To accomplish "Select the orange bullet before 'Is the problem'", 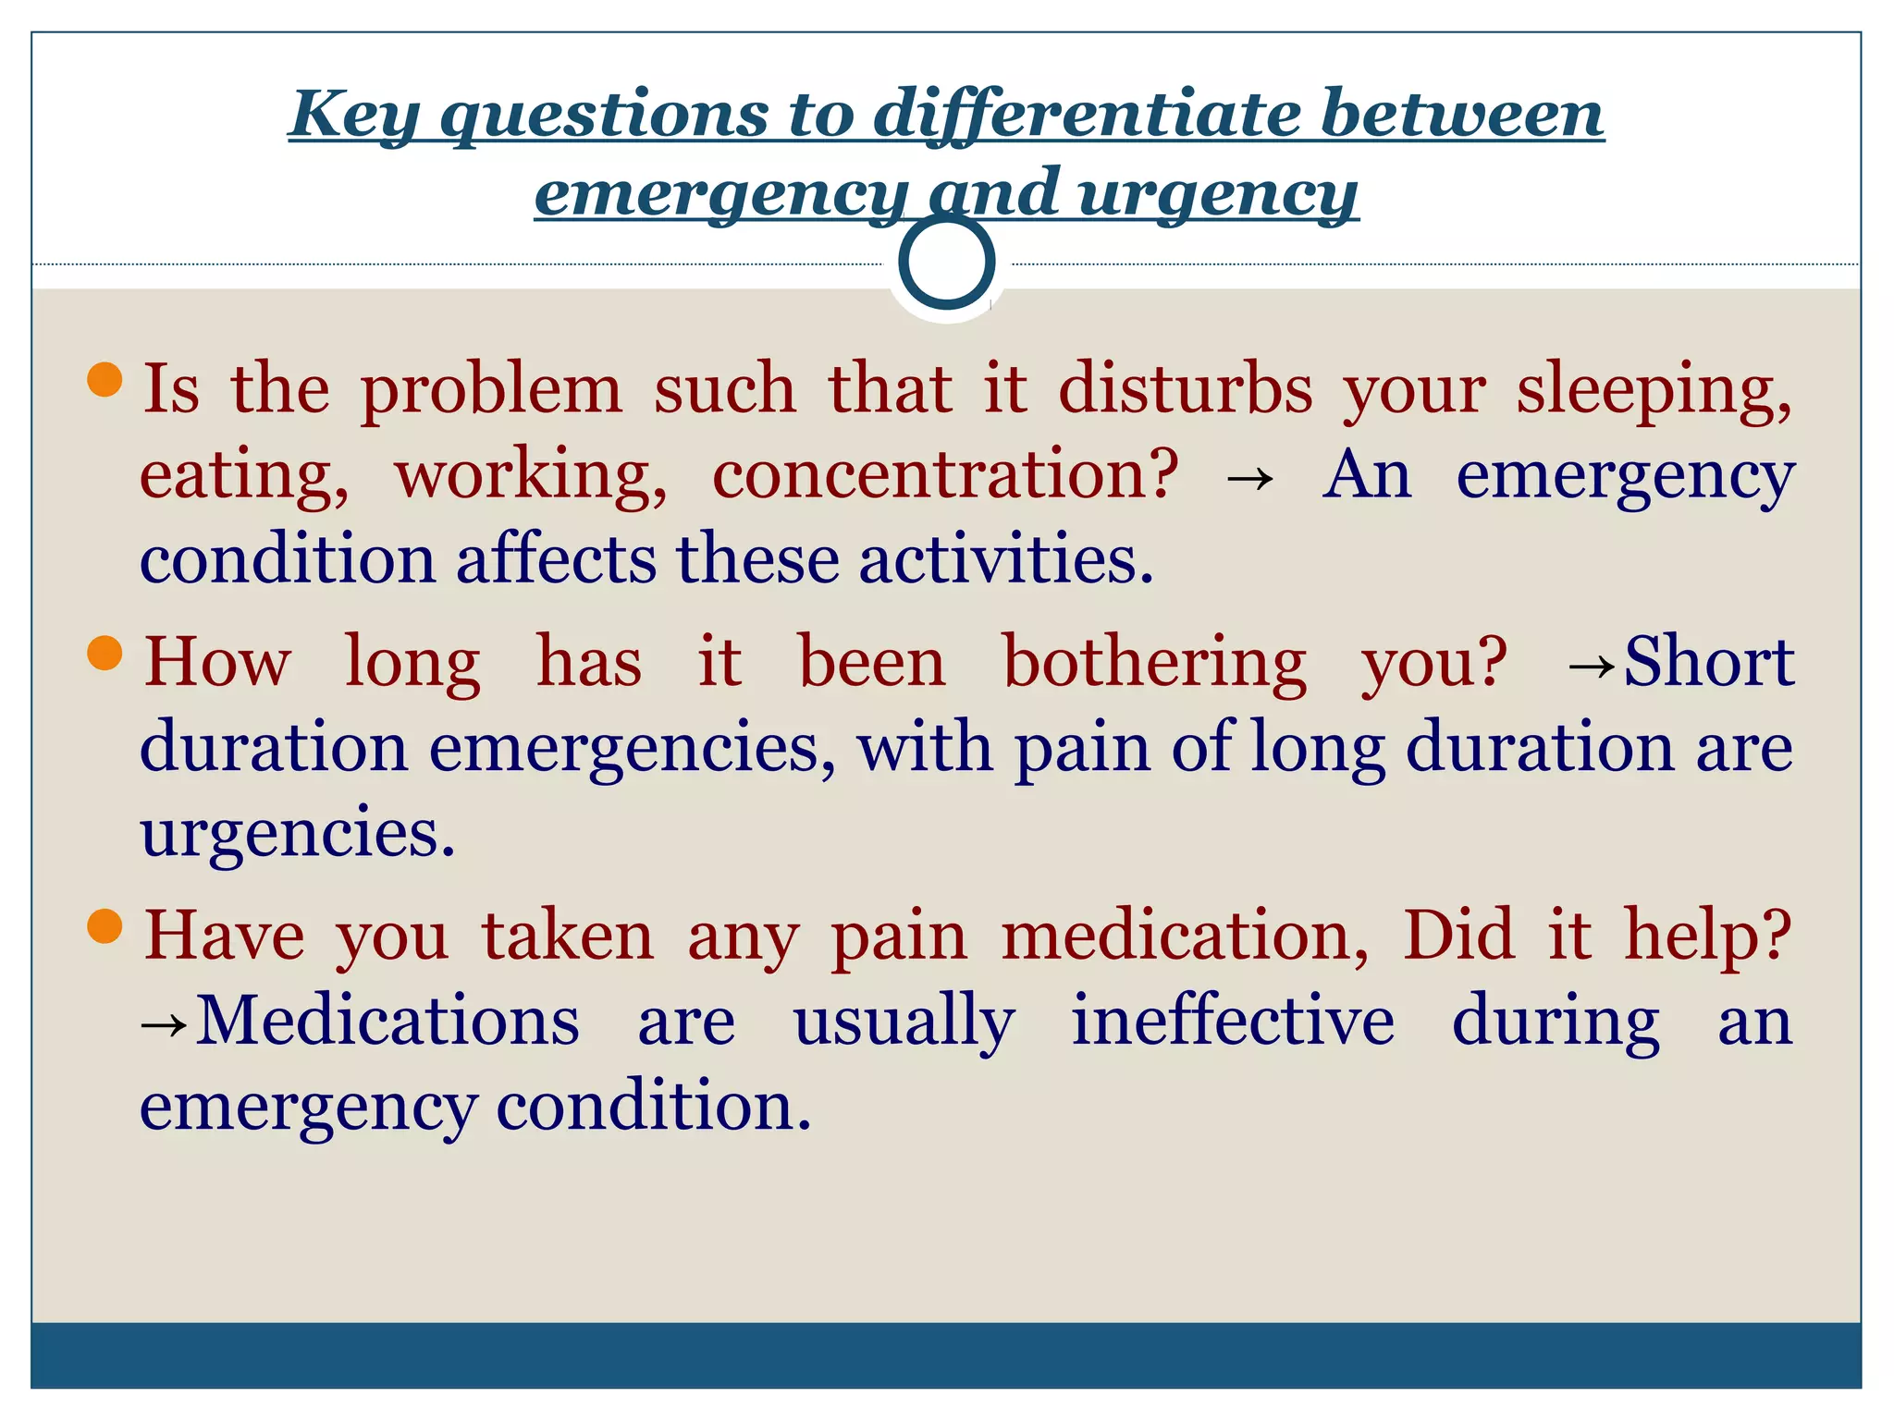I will click(x=105, y=379).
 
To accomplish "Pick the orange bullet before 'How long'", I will click(x=105, y=653).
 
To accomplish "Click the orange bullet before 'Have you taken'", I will click(x=105, y=925).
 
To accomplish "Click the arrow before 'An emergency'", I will click(x=1249, y=480).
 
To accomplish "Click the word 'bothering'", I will click(x=1154, y=663).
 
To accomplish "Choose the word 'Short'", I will click(x=1709, y=663).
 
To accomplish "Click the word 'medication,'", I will click(x=1185, y=936).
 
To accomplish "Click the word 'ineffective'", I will click(x=1232, y=1021).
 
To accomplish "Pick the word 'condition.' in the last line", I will click(x=653, y=1107).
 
